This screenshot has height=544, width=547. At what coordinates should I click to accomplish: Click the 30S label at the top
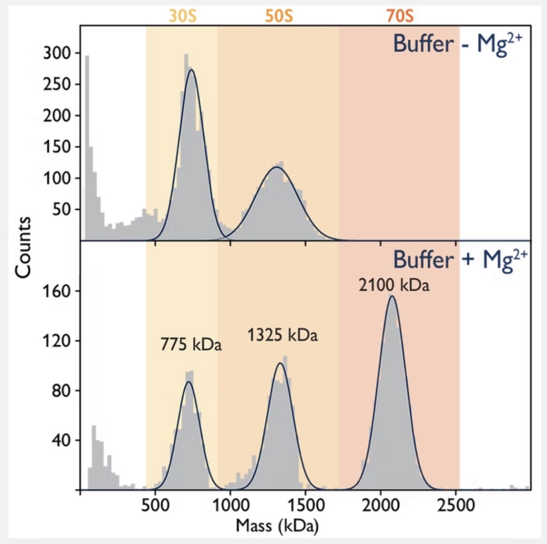pyautogui.click(x=183, y=16)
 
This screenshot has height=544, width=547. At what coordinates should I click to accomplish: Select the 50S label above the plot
pyautogui.click(x=279, y=16)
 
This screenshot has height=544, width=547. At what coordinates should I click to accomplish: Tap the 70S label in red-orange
pyautogui.click(x=400, y=16)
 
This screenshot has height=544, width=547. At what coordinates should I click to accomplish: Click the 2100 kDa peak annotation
pyautogui.click(x=394, y=286)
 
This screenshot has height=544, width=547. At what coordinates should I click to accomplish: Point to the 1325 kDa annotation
pyautogui.click(x=282, y=335)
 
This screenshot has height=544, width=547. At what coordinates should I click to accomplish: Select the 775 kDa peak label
pyautogui.click(x=191, y=345)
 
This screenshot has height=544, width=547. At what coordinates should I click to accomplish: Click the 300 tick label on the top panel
pyautogui.click(x=56, y=53)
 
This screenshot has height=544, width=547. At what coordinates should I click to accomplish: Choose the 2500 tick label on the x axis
pyautogui.click(x=456, y=505)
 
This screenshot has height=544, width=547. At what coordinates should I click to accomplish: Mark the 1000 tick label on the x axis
pyautogui.click(x=230, y=505)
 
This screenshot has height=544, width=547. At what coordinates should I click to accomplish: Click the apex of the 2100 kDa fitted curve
pyautogui.click(x=392, y=296)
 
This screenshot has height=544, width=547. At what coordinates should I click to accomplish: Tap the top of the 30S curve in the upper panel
pyautogui.click(x=191, y=70)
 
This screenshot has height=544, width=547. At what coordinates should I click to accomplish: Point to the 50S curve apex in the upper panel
pyautogui.click(x=276, y=167)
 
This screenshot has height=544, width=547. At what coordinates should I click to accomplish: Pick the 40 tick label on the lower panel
pyautogui.click(x=61, y=441)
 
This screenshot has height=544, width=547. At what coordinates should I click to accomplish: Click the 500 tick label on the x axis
pyautogui.click(x=155, y=505)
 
